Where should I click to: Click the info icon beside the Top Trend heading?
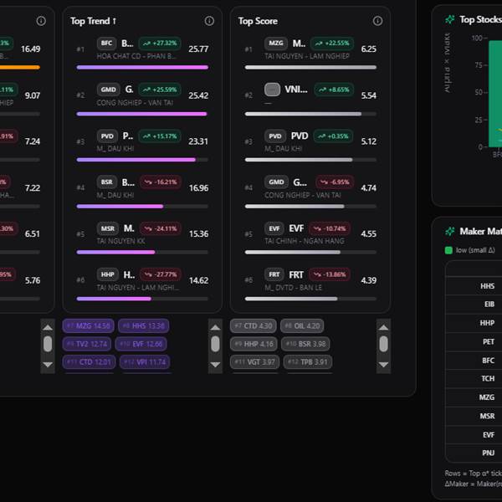click(x=209, y=21)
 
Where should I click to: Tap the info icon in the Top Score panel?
click(x=376, y=21)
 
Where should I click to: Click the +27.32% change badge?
click(x=159, y=44)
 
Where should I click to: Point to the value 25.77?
click(x=198, y=49)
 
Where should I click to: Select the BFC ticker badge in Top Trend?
click(x=106, y=44)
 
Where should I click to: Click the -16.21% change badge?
click(x=159, y=182)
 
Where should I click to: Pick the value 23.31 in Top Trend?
click(x=198, y=141)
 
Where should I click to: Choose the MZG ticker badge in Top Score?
click(x=275, y=44)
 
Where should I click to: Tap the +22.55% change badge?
click(x=331, y=44)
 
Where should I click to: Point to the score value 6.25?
click(x=368, y=49)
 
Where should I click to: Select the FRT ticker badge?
click(x=275, y=274)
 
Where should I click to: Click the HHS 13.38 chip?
click(x=144, y=325)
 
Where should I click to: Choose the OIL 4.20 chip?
click(x=302, y=325)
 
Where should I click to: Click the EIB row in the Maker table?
click(x=487, y=305)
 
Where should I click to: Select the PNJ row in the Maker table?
click(x=487, y=453)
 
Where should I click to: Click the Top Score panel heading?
click(x=258, y=21)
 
